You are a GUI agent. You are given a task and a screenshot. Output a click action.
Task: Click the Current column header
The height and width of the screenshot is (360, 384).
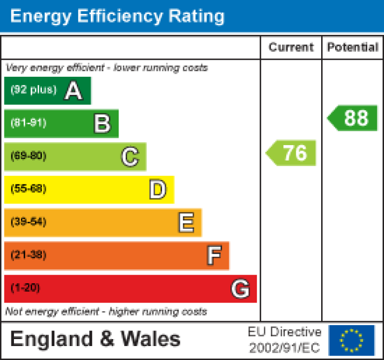pos(291,47)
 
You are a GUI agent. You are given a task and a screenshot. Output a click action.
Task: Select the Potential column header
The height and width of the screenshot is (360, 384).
pos(352,47)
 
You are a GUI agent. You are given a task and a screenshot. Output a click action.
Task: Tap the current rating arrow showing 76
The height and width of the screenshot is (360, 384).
pos(292,153)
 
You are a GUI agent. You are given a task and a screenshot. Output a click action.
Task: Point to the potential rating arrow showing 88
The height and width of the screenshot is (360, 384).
pos(353,118)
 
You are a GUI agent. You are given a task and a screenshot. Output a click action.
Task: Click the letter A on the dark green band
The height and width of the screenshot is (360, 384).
pos(73,91)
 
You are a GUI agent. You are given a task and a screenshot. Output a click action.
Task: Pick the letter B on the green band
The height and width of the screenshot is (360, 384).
pos(102,123)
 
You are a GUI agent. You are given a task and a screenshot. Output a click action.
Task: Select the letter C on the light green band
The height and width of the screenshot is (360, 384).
pos(130,157)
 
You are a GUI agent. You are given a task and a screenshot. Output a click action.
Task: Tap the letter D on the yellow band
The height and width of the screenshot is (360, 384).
pos(158,189)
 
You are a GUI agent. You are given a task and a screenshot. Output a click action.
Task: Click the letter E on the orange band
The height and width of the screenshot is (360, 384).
pos(186,223)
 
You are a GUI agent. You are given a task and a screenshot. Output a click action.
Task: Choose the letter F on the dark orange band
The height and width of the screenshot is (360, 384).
pos(214,256)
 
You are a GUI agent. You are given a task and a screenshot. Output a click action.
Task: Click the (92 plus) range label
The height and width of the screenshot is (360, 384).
pos(33,90)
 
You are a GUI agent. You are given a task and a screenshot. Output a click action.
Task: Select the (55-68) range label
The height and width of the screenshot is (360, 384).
pos(28,189)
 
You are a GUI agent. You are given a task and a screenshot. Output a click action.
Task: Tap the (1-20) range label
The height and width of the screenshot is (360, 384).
pos(25,288)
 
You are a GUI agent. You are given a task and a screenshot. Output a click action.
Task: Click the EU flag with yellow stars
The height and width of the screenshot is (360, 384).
pos(351,340)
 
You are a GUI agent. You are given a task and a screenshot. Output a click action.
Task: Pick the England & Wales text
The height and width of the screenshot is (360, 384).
pos(95,339)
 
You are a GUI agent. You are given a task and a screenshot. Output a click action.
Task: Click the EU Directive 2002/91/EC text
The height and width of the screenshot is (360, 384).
pos(284,340)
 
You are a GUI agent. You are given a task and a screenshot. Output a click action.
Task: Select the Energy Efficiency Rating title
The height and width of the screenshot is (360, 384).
pos(117,16)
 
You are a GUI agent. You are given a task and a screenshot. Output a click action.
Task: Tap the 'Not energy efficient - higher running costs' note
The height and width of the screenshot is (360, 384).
pos(106,312)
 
